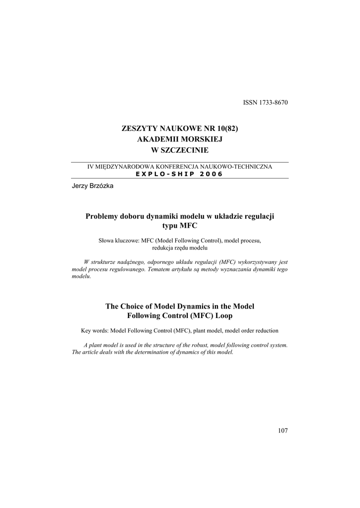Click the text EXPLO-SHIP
point(165,174)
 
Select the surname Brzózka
point(102,185)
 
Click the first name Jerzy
point(80,185)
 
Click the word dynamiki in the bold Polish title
point(159,216)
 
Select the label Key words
point(94,330)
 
